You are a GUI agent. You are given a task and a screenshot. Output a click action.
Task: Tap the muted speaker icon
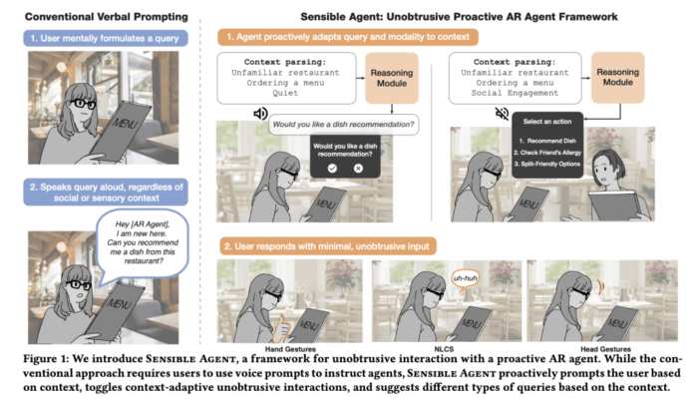tap(465, 116)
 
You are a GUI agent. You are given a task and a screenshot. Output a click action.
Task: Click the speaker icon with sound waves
tap(260, 115)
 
